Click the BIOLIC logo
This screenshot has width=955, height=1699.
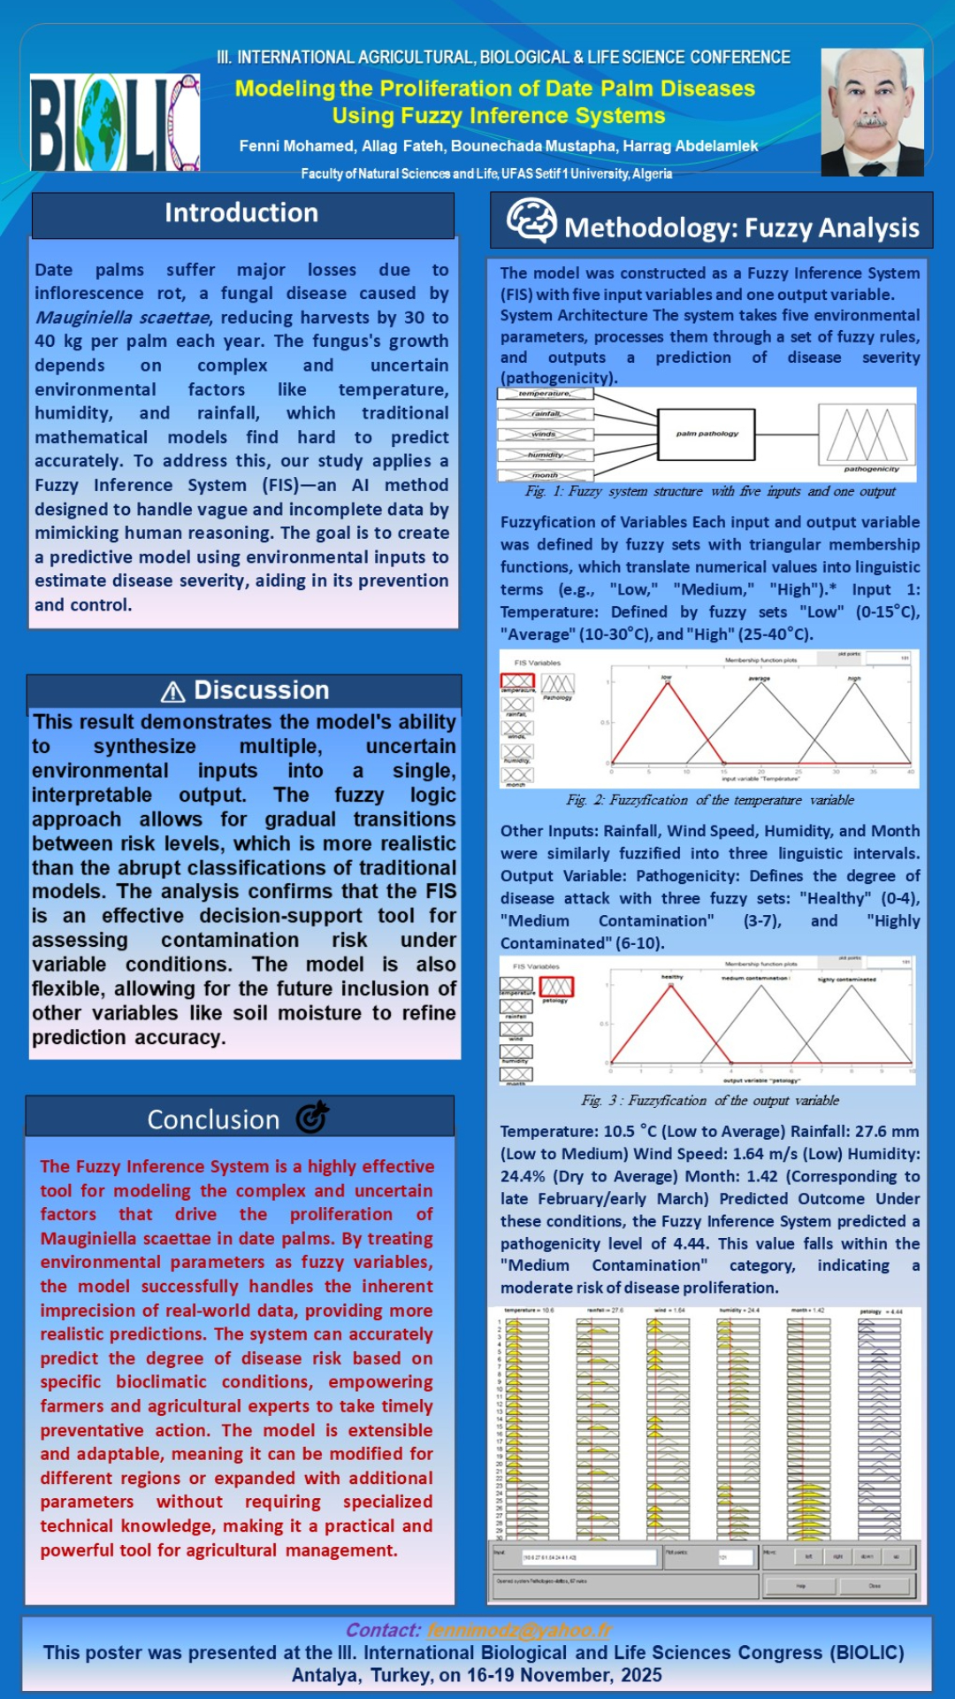115,122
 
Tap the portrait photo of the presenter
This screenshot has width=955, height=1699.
872,111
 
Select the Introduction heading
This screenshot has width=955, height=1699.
241,213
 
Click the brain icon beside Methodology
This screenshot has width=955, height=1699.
531,220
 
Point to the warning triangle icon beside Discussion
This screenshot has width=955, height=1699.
173,692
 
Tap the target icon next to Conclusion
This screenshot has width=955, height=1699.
312,1118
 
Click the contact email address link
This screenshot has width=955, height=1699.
519,1630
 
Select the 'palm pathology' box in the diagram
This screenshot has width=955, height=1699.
707,434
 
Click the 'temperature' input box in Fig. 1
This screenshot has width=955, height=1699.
545,394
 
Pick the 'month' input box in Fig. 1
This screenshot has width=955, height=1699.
545,475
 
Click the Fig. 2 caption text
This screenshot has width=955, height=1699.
710,800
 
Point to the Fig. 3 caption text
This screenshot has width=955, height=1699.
710,1101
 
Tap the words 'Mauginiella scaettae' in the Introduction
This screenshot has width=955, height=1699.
123,318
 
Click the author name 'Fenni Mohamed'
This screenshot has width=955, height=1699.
296,146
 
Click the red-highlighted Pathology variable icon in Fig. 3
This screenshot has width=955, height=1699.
557,986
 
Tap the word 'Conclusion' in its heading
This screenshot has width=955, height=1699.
213,1120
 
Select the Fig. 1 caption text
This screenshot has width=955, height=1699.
710,491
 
